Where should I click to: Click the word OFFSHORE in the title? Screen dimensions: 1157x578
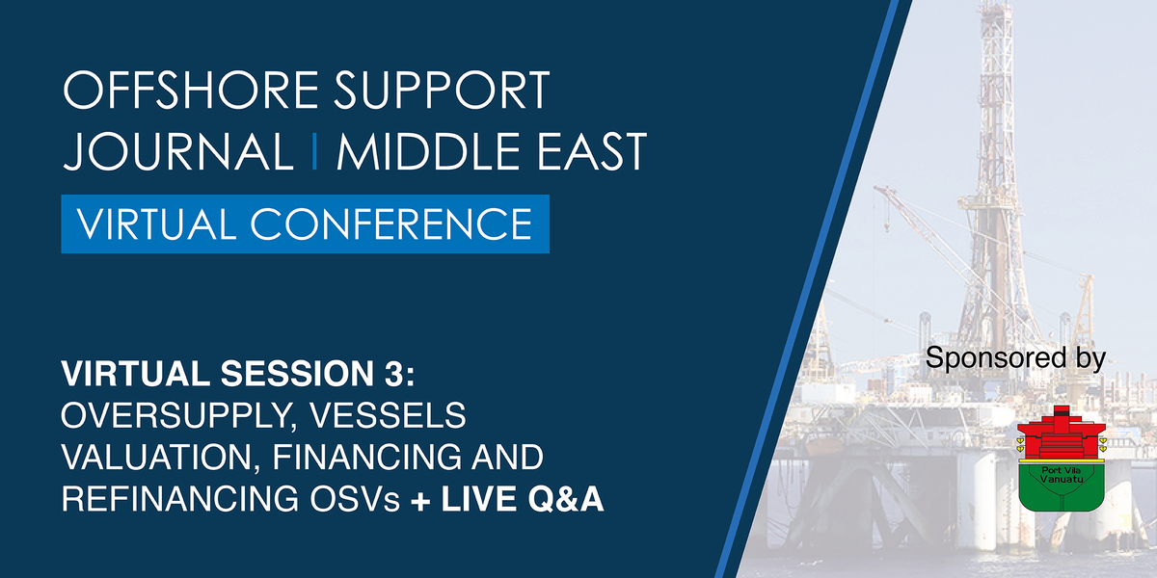[x=191, y=91]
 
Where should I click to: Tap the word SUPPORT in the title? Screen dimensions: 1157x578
[x=442, y=91]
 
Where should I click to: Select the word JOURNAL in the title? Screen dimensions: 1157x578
[x=178, y=151]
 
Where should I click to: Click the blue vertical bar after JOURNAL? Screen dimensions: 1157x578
[x=315, y=151]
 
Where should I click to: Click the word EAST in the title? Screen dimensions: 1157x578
[x=592, y=151]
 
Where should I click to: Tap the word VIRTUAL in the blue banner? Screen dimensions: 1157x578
[x=156, y=223]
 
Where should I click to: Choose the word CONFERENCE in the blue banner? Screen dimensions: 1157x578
[x=391, y=223]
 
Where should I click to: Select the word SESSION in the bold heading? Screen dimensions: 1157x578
[x=297, y=373]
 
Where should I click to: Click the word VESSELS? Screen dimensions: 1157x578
[x=388, y=415]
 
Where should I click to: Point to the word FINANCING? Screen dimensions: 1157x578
[x=366, y=458]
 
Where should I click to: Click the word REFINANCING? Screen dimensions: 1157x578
[x=179, y=499]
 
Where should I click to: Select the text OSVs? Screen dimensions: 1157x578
[x=356, y=499]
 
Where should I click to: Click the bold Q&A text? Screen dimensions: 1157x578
[x=566, y=499]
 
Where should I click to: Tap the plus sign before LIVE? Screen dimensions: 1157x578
[x=421, y=501]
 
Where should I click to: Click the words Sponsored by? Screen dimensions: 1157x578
[x=1015, y=358]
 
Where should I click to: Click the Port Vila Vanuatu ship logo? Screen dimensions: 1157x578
[x=1062, y=459]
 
